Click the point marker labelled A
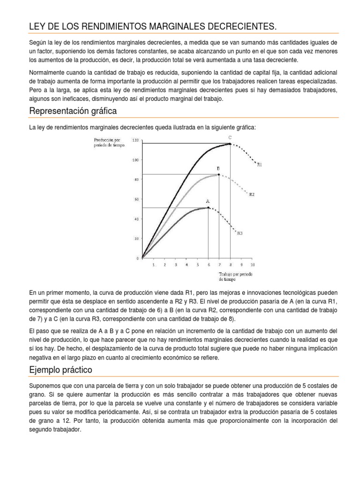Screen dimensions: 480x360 coord(208,208)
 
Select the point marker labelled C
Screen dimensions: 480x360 coord(230,143)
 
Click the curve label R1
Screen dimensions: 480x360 coord(260,165)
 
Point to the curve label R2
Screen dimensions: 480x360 coord(252,194)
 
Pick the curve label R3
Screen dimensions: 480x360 coord(240,233)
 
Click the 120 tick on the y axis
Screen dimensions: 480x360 coord(136,140)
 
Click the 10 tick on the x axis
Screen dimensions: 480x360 coord(253,265)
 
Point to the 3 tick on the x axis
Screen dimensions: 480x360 coord(176,265)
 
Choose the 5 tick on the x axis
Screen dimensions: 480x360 coord(197,265)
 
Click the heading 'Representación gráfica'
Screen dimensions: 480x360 coord(73,111)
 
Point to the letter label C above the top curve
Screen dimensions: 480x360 coord(230,137)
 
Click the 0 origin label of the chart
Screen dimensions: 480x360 coord(138,258)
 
